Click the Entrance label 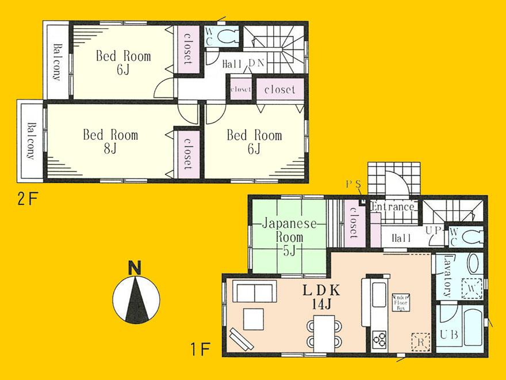click(393, 206)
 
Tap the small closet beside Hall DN click(240, 89)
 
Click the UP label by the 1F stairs click(432, 230)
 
